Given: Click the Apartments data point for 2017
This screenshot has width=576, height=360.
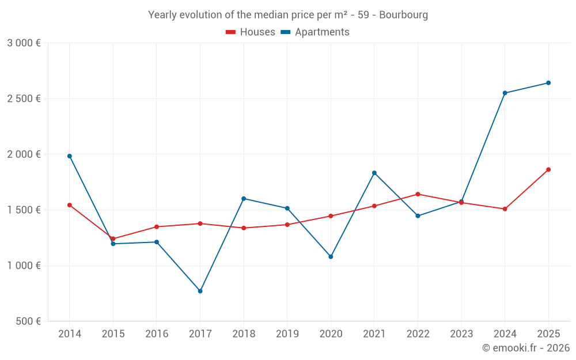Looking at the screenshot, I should point(200,291).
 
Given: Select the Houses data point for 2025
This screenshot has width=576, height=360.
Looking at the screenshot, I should point(548,169).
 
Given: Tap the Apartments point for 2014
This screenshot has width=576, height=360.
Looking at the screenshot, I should point(70,156).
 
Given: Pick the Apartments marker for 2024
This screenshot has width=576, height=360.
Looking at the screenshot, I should point(505,93).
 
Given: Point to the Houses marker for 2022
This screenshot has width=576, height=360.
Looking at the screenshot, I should point(418,194).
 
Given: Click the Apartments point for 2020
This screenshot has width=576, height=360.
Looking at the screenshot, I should point(331,256).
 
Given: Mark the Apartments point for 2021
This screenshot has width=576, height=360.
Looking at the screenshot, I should point(374,173).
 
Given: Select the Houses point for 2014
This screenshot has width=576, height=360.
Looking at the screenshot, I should point(70,205).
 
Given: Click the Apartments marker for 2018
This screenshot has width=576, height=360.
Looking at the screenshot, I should point(244,199).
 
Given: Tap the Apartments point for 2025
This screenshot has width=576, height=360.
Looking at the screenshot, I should point(548,83).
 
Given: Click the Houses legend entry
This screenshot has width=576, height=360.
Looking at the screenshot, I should point(251,32).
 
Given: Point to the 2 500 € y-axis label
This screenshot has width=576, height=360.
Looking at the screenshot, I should point(24,98).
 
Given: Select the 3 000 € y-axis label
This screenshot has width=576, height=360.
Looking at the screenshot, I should point(24,43).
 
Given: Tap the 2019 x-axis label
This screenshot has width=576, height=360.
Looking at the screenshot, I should point(287,334).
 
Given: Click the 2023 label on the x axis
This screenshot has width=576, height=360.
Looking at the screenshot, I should point(461,334).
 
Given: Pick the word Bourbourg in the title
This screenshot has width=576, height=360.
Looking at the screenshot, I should point(403,15).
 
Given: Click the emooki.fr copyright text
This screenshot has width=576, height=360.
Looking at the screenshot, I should point(526,348).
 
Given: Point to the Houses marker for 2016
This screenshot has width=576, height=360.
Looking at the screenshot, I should point(157,227).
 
